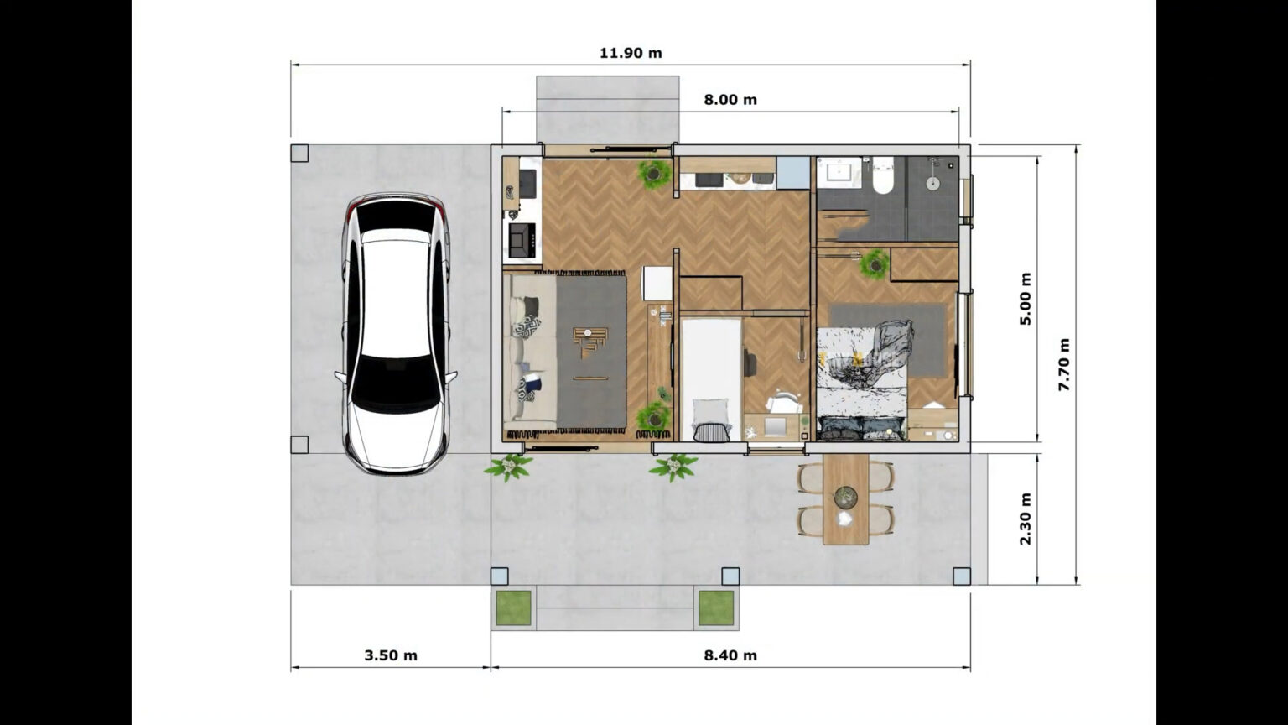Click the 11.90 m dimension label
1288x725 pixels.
point(631,53)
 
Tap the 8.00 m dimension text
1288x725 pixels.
point(730,100)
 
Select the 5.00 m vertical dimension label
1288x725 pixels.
point(1025,298)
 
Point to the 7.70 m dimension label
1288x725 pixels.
point(1063,364)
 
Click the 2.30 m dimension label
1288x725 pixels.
point(1025,519)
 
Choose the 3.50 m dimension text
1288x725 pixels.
point(391,655)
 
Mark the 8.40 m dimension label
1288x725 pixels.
point(730,655)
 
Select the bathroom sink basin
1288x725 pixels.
point(839,173)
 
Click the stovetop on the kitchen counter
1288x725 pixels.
point(521,239)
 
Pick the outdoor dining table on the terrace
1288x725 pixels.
point(845,499)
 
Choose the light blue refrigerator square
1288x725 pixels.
point(791,173)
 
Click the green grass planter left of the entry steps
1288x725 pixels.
point(513,608)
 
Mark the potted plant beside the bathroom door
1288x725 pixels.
point(875,264)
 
